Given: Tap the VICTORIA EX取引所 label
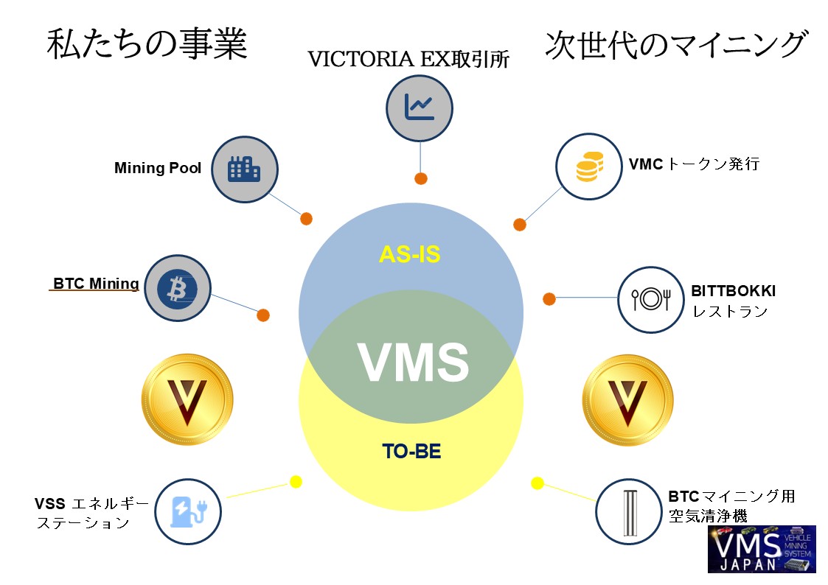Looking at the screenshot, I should click(x=408, y=60).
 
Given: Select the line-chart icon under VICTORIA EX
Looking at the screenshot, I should click(x=420, y=109).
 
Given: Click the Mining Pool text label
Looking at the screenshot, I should click(x=158, y=168).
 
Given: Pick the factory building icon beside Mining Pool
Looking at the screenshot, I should click(x=245, y=169).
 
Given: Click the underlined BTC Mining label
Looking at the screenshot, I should click(x=96, y=284).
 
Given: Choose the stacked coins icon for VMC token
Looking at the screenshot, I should click(x=589, y=167).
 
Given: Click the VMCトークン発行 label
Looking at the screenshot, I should click(x=694, y=164).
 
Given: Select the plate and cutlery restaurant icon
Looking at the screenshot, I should click(x=650, y=298).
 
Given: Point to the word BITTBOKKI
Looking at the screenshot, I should click(x=733, y=291).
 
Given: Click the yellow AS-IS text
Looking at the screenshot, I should click(x=409, y=254).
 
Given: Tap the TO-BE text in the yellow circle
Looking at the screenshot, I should click(x=411, y=451).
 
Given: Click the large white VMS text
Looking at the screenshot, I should click(x=413, y=361).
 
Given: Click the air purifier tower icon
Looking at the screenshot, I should click(x=628, y=512).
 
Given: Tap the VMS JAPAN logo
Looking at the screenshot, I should click(x=761, y=549).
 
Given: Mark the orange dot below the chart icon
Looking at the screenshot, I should click(x=421, y=178).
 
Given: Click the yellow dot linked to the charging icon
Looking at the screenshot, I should click(x=296, y=482).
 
